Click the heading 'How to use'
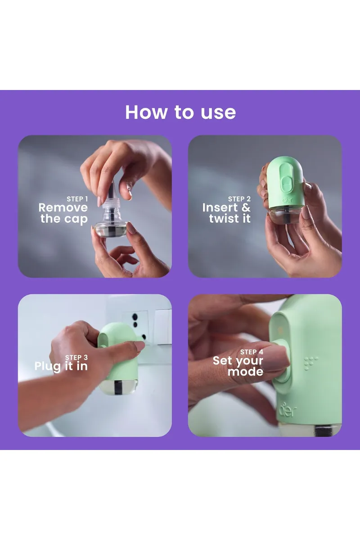click(180, 112)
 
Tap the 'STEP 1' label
click(77, 199)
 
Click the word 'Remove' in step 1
click(63, 208)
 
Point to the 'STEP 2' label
click(239, 199)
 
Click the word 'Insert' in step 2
click(220, 208)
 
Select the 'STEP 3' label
click(76, 358)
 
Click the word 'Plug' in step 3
click(47, 366)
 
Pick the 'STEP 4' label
click(252, 352)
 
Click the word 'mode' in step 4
click(245, 372)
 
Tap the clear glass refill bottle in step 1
click(109, 227)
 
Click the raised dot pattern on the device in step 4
click(311, 363)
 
